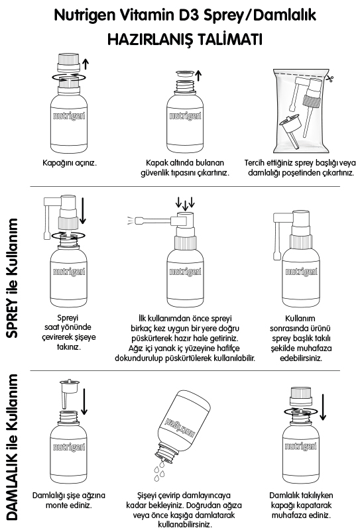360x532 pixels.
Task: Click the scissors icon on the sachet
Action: tap(329, 79)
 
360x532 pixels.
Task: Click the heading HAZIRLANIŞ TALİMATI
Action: tap(185, 39)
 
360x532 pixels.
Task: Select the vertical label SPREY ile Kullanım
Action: tap(12, 278)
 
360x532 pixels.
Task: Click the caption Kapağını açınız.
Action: tap(70, 162)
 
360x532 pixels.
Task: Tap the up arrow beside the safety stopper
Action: tap(199, 76)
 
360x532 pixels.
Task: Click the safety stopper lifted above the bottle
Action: tap(185, 75)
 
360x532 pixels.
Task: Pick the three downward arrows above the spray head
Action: tap(185, 203)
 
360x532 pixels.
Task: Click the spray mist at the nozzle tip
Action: tap(131, 221)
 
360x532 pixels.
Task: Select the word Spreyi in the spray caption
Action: tap(68, 318)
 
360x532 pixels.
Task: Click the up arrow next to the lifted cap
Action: tap(86, 64)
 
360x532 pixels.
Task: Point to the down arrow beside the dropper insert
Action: tap(84, 401)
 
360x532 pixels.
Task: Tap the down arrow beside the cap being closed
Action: tap(323, 407)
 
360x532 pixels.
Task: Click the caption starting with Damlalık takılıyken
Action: tap(301, 505)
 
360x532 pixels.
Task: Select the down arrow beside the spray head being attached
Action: tap(82, 211)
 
